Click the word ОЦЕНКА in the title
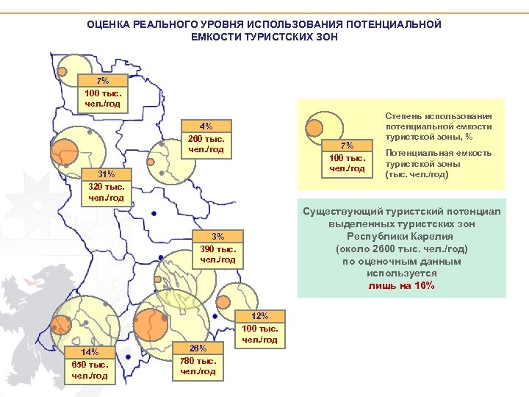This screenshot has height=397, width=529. click(108, 24)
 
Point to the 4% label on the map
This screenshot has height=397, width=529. click(207, 126)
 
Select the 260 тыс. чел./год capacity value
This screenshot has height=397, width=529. click(206, 144)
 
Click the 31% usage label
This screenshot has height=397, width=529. click(107, 174)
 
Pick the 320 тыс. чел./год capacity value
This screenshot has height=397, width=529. click(107, 193)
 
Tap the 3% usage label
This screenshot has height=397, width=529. click(218, 237)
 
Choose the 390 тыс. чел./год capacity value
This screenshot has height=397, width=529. click(217, 255)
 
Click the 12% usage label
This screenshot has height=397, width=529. click(260, 316)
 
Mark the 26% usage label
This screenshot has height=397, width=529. click(198, 348)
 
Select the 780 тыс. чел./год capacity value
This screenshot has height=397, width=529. click(198, 366)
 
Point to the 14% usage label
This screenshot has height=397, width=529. click(90, 352)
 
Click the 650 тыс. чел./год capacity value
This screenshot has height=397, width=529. click(90, 371)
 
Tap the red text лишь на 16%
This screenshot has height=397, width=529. click(401, 286)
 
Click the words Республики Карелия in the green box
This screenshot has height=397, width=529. click(401, 236)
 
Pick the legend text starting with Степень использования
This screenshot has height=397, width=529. click(439, 126)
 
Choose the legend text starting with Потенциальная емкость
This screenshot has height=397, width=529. click(439, 164)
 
